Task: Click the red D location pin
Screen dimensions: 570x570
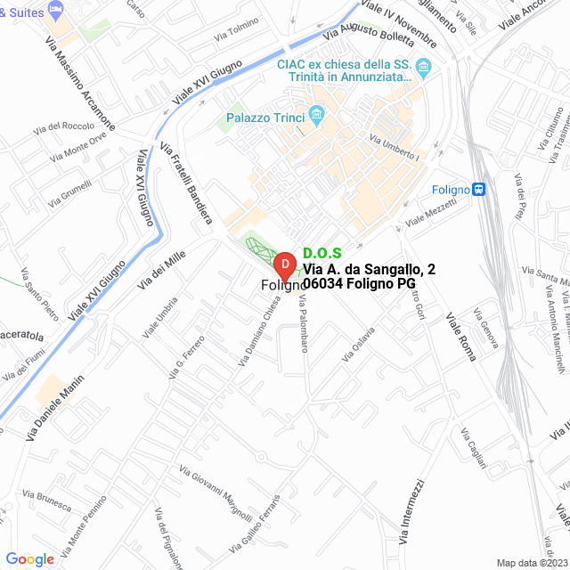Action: click(x=283, y=265)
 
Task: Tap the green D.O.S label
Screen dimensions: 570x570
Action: click(x=322, y=254)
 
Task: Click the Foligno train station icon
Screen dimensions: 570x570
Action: click(x=480, y=189)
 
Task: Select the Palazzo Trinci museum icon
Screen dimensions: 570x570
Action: click(x=315, y=114)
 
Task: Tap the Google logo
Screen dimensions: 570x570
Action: click(x=29, y=558)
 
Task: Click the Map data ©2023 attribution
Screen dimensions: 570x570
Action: click(x=532, y=562)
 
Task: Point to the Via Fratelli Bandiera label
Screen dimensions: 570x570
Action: click(x=185, y=182)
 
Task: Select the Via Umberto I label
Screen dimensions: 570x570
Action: click(x=395, y=147)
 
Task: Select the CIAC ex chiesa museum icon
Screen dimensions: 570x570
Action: click(x=424, y=67)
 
